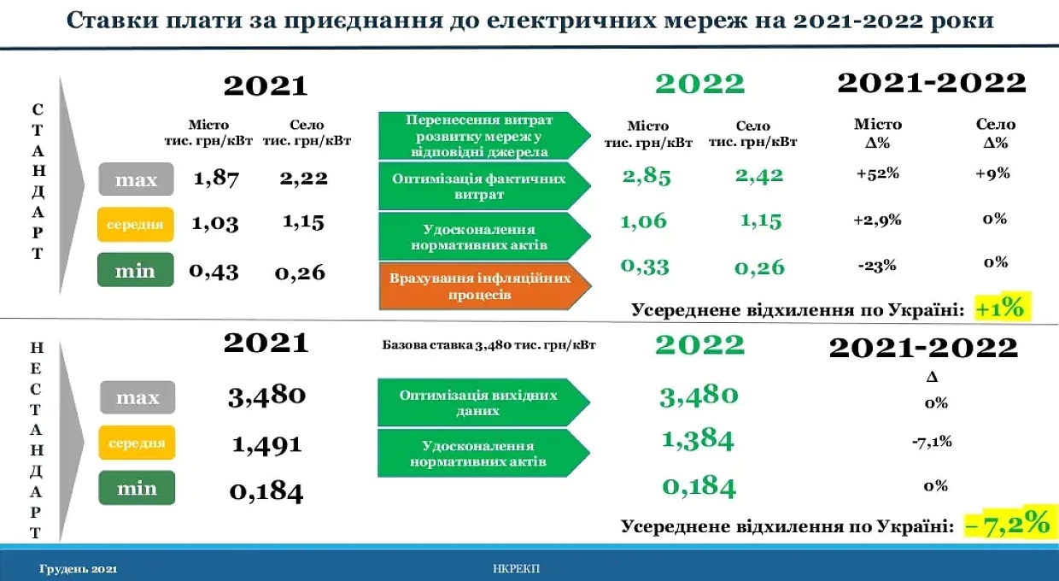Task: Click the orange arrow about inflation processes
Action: pos(484,285)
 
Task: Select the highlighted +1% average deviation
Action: pos(1002,308)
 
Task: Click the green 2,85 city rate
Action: pos(647,176)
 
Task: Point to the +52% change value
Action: pos(877,173)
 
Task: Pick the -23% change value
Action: pos(877,266)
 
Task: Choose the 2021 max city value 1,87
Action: pos(216,179)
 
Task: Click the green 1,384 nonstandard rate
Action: pos(698,440)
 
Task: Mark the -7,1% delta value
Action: pos(932,442)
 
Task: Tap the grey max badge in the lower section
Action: pos(137,397)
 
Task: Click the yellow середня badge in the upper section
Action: pos(136,224)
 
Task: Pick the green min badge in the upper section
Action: pos(136,270)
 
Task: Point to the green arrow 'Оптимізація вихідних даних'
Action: pos(483,402)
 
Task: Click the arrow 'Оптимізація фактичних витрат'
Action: pos(484,186)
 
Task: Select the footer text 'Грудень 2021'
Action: pos(78,569)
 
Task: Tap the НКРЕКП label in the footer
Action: pos(516,569)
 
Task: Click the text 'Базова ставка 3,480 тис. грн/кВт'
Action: pos(489,345)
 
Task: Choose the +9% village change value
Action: pos(992,173)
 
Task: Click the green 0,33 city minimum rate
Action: pos(645,267)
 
